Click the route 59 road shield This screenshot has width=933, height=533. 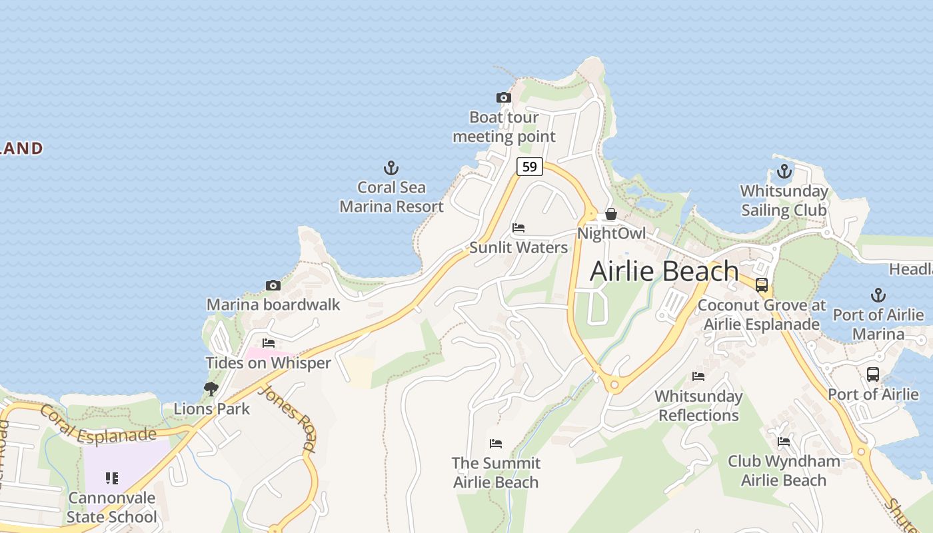tap(529, 167)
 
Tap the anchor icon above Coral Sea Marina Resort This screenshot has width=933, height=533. tap(391, 168)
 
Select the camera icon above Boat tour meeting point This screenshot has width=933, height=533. tap(504, 98)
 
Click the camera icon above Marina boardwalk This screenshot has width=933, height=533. tap(273, 286)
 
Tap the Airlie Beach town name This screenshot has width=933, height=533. tap(664, 271)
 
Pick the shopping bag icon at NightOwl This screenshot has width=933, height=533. tap(610, 215)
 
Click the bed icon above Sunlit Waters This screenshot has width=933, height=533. tap(518, 229)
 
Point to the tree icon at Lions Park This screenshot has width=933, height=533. tap(211, 389)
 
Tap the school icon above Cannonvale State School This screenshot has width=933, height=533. tap(111, 478)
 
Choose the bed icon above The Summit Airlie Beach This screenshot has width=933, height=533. tap(495, 444)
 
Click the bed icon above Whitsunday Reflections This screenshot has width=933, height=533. tap(698, 376)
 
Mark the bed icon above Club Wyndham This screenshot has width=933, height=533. tap(784, 442)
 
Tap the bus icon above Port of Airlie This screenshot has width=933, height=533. tap(872, 374)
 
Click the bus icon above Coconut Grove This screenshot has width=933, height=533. tap(761, 285)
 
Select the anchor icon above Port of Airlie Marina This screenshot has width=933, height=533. tap(878, 295)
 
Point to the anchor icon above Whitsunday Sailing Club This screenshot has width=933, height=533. tap(784, 171)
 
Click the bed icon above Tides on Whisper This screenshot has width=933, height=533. tap(268, 344)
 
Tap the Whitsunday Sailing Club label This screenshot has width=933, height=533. tap(784, 201)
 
